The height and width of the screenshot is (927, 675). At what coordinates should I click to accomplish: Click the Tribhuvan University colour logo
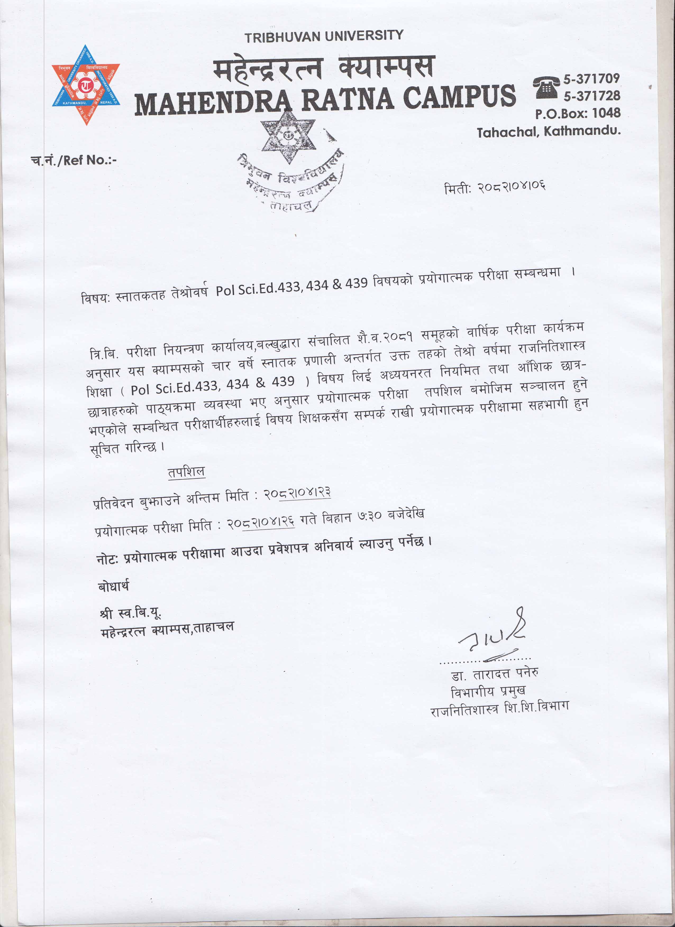click(86, 85)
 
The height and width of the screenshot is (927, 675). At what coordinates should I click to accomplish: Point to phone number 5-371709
click(591, 78)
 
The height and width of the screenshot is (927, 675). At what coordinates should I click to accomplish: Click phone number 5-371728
click(591, 96)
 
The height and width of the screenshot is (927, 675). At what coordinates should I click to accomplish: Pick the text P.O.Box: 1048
click(578, 113)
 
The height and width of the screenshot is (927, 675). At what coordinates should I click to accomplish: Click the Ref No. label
click(74, 160)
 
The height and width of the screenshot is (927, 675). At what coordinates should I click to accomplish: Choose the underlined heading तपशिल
click(186, 472)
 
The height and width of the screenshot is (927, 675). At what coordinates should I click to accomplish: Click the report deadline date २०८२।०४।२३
click(297, 493)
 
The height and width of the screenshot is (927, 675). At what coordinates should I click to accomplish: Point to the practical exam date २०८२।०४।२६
click(261, 523)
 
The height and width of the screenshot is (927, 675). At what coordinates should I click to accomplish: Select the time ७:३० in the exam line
click(370, 516)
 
